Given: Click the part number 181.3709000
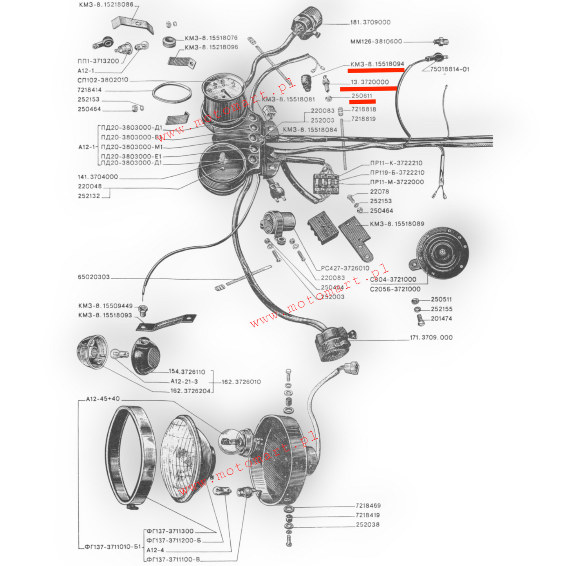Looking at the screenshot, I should [x=370, y=22].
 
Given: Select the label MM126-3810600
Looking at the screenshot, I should [x=376, y=42].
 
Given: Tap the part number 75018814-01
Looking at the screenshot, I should [x=449, y=69].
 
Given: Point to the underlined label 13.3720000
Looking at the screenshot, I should [x=370, y=82].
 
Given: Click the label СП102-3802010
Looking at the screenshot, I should [x=103, y=80].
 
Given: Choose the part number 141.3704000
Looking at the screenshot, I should [x=98, y=177].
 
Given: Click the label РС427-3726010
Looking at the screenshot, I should [x=345, y=268].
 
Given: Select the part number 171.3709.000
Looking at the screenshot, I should [x=431, y=338].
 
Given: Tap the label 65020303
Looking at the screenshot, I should [x=94, y=277].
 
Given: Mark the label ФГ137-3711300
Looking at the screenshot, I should [x=170, y=531].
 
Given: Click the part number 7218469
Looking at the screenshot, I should [x=368, y=506].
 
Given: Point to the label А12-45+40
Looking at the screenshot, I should [x=103, y=399].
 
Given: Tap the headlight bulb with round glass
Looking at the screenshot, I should [x=229, y=442].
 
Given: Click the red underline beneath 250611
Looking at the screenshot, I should [x=362, y=102].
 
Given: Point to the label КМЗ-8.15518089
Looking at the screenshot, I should [x=397, y=224].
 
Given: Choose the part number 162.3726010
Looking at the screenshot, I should [x=241, y=382].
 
